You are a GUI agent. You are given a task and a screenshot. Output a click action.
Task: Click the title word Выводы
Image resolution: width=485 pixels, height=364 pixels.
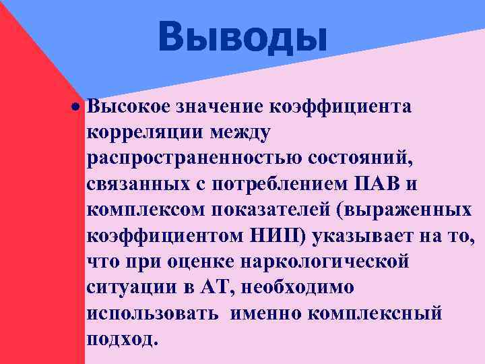click(x=243, y=36)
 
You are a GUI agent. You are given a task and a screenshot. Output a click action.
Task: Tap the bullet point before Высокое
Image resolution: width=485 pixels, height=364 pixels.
click(x=78, y=107)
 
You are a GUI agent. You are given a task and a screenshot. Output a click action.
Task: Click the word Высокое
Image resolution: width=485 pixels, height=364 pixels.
click(x=128, y=106)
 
